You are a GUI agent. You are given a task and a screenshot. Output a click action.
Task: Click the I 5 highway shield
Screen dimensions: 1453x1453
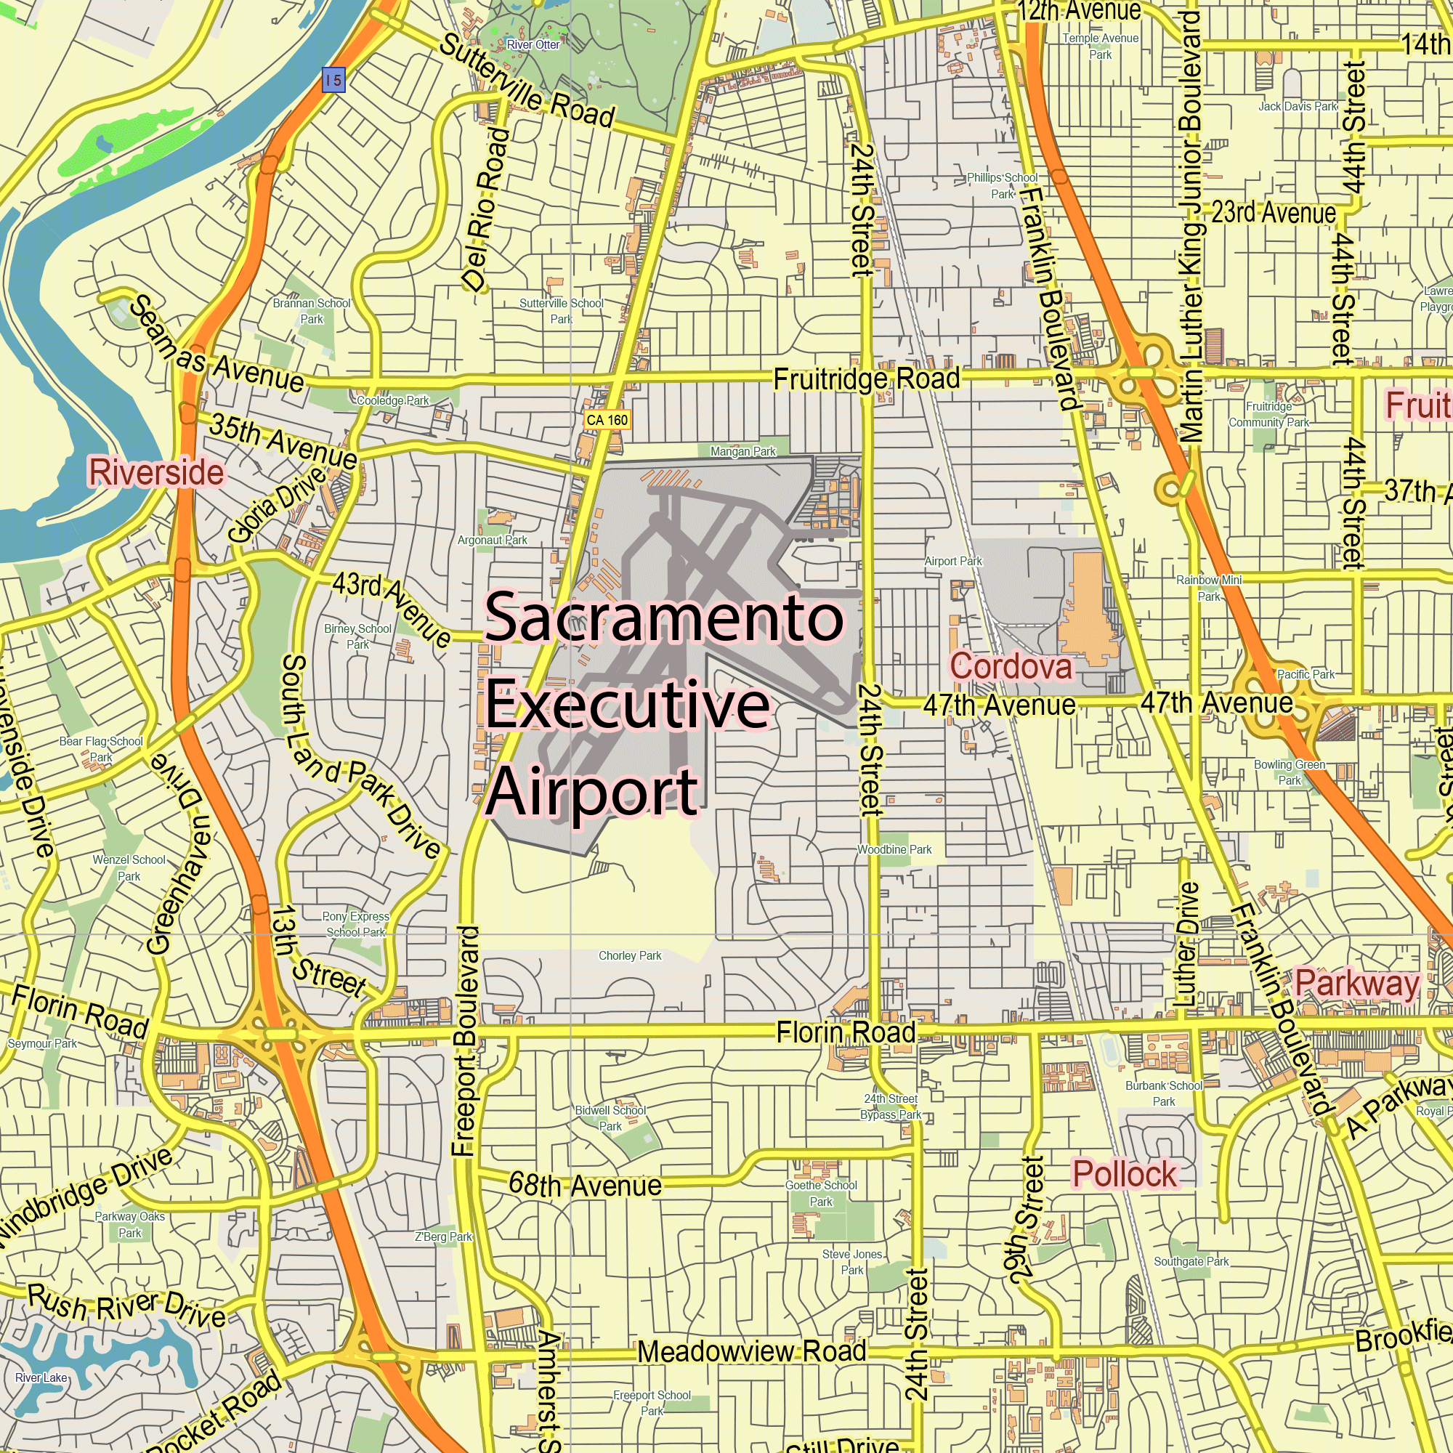(333, 80)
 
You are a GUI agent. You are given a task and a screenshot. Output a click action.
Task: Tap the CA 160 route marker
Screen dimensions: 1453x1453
(606, 420)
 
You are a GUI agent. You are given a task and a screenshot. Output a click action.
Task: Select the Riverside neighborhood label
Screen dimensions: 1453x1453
(156, 472)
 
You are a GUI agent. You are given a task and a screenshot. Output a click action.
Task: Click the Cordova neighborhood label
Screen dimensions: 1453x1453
(1010, 666)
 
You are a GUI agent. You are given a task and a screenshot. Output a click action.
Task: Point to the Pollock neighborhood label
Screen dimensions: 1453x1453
(1125, 1174)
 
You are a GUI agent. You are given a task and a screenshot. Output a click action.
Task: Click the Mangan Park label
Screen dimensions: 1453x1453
(743, 451)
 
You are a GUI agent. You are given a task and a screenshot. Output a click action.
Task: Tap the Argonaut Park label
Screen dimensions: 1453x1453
(493, 540)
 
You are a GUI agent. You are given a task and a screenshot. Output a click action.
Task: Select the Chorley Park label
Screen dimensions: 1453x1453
(630, 956)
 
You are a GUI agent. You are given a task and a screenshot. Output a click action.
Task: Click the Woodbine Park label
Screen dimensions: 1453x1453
(894, 849)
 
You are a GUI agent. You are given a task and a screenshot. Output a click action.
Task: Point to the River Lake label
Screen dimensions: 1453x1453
(41, 1377)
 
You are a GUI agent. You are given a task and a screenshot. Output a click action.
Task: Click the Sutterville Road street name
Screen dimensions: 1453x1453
(527, 81)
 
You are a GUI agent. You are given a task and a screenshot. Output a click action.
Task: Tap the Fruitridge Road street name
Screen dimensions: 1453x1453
(867, 379)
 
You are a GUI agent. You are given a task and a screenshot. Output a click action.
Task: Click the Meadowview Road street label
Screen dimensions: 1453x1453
(751, 1351)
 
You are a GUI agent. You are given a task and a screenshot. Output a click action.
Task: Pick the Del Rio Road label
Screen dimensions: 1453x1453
(486, 209)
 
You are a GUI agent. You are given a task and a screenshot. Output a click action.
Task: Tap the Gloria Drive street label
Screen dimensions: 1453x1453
(277, 503)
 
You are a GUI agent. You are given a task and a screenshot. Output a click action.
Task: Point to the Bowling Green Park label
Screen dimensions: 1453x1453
(1289, 772)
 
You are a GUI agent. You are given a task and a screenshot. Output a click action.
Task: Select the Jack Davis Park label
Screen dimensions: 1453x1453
(1298, 107)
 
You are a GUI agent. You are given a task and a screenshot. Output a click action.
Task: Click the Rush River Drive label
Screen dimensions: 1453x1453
(126, 1306)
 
